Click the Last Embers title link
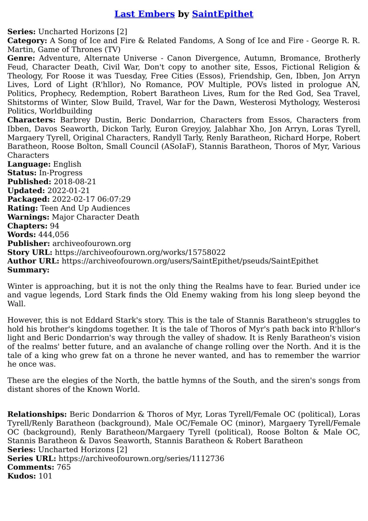(x=144, y=14)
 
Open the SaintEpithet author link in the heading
(x=222, y=14)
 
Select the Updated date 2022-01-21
(x=68, y=191)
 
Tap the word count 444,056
(x=53, y=235)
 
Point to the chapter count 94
(x=54, y=226)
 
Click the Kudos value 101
(x=45, y=476)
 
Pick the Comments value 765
(x=64, y=467)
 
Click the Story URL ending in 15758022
(x=140, y=252)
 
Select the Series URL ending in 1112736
(x=141, y=459)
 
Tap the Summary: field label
(x=28, y=270)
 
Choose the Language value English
(x=67, y=164)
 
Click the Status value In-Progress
(x=60, y=173)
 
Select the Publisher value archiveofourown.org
(x=92, y=244)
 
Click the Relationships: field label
(x=37, y=414)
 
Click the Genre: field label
(x=21, y=58)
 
